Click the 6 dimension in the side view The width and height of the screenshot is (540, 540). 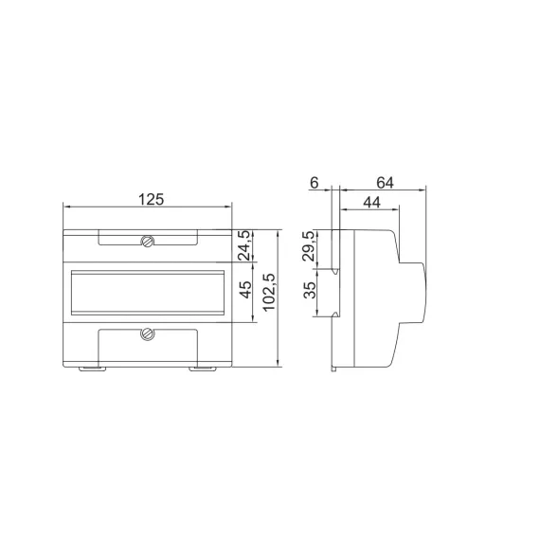coord(315,183)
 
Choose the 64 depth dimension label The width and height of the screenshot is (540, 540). coord(385,183)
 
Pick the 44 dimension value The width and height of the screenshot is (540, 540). coord(370,203)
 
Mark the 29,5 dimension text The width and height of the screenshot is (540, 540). coord(308,248)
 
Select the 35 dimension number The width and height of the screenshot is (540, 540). coord(308,292)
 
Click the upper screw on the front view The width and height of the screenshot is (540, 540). coord(148,242)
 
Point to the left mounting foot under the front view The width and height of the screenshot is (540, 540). coord(90,368)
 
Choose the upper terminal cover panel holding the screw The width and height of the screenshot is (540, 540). coord(147,237)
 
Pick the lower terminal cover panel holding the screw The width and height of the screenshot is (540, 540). coord(147,339)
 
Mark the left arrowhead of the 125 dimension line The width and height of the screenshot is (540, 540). coord(65,208)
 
